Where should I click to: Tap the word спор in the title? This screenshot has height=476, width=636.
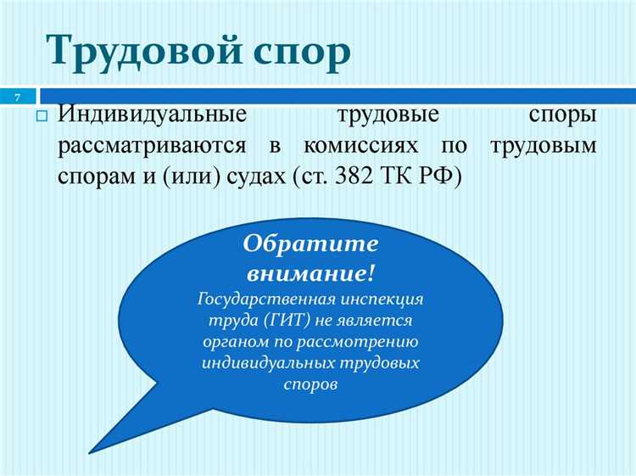coord(296,53)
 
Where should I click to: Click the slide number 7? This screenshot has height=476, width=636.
coord(16,95)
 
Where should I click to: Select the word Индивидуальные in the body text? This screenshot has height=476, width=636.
coord(153,115)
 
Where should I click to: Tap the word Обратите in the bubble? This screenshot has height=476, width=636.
coord(310,244)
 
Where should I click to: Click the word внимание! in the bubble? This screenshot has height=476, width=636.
coord(310,273)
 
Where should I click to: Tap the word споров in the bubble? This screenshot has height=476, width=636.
coord(310,383)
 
